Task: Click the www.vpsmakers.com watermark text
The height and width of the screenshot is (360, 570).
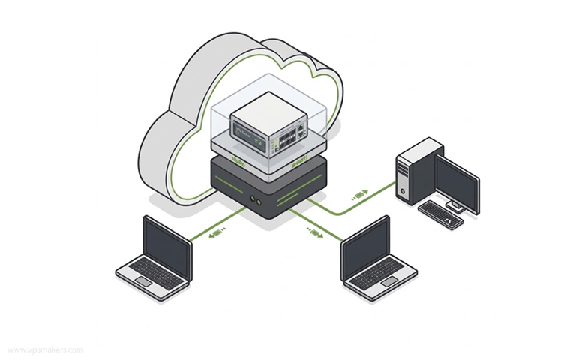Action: coord(46,350)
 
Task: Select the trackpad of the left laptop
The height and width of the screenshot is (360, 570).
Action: coord(143,281)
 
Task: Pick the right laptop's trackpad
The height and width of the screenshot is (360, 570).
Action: coord(389,280)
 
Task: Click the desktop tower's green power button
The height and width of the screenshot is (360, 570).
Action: coord(403,191)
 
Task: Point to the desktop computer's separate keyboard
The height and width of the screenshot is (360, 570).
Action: coord(440,214)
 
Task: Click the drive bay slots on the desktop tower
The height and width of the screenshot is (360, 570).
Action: coord(403,171)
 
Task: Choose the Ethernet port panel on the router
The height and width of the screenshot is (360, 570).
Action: coord(289,138)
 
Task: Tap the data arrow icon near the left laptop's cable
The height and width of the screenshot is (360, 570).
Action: coord(217,233)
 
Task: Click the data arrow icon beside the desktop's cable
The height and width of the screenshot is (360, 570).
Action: coord(359,194)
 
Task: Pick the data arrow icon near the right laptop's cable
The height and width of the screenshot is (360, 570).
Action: coord(314,232)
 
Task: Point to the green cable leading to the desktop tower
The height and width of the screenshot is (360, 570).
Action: coord(350,202)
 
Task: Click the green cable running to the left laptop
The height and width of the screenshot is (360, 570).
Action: coord(217,224)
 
